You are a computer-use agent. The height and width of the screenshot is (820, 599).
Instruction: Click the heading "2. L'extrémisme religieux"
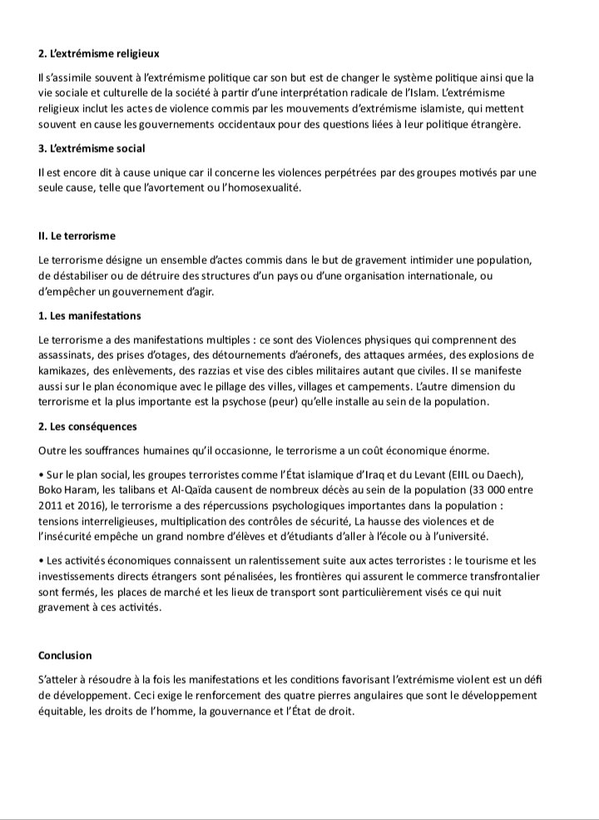click(x=99, y=54)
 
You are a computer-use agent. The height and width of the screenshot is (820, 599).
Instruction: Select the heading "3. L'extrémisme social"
click(x=92, y=148)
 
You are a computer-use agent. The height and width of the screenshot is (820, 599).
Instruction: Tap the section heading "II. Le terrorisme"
click(x=77, y=236)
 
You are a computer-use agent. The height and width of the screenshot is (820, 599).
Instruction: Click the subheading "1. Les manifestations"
click(x=89, y=316)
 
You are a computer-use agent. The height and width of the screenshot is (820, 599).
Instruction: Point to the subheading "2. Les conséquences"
click(x=87, y=427)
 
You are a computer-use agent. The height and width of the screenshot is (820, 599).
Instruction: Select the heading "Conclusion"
click(x=65, y=655)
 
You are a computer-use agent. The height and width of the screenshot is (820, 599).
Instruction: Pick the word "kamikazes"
click(x=64, y=371)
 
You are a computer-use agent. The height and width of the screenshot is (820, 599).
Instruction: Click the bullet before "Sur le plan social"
click(x=41, y=475)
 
